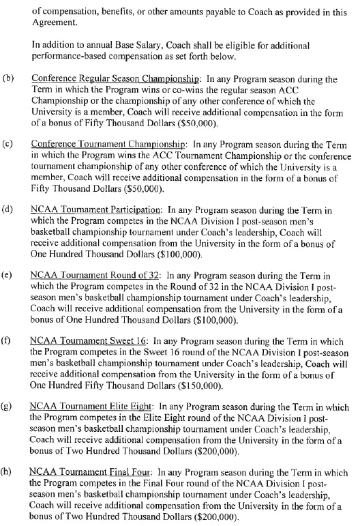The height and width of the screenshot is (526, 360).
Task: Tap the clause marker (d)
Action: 10,203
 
